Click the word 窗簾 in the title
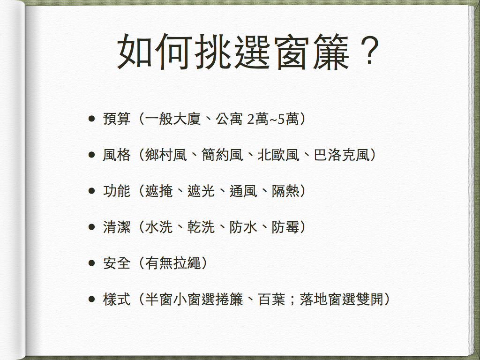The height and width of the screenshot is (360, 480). point(313,52)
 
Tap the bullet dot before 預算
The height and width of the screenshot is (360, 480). point(91,119)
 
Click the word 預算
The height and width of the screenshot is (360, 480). point(117,119)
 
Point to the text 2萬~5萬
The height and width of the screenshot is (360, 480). point(273,119)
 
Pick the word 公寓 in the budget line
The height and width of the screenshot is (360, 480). point(229,119)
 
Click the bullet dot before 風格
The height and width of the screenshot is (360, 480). point(91,155)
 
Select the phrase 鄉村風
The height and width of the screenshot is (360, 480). point(166,155)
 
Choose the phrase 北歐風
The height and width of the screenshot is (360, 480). point(278,155)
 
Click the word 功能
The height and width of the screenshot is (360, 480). point(117,191)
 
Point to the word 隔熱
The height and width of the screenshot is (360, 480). point(285,191)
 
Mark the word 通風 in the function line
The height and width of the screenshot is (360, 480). point(243,191)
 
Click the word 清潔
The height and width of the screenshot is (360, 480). point(117,227)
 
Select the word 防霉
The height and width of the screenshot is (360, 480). point(285,227)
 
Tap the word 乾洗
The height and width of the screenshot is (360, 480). point(201,227)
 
